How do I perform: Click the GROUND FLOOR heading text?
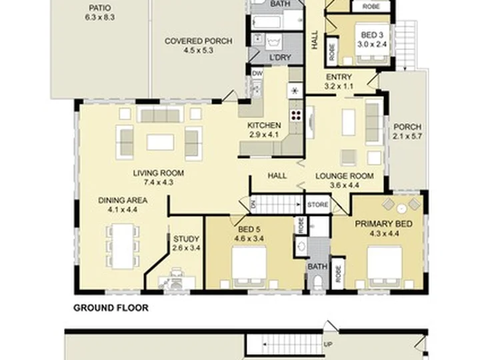click(111, 307)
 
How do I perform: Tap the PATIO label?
click(99, 8)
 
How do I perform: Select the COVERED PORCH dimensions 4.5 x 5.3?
click(199, 50)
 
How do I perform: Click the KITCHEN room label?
click(264, 125)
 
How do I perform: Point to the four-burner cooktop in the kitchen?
click(296, 115)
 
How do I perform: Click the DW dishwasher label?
click(257, 73)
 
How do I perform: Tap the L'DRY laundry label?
click(279, 57)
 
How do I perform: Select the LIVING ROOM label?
click(159, 173)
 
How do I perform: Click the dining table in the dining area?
click(123, 247)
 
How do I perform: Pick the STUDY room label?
click(186, 239)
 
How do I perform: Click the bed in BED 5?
click(249, 267)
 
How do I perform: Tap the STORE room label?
click(318, 205)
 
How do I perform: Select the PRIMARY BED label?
click(383, 224)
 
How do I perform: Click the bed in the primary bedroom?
click(384, 267)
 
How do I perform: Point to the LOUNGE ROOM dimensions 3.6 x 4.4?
click(345, 185)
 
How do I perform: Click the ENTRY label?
click(339, 77)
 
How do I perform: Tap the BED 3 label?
click(372, 35)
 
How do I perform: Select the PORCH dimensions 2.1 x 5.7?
click(407, 136)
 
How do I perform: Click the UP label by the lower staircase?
click(328, 345)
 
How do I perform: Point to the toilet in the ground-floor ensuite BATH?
click(318, 282)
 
